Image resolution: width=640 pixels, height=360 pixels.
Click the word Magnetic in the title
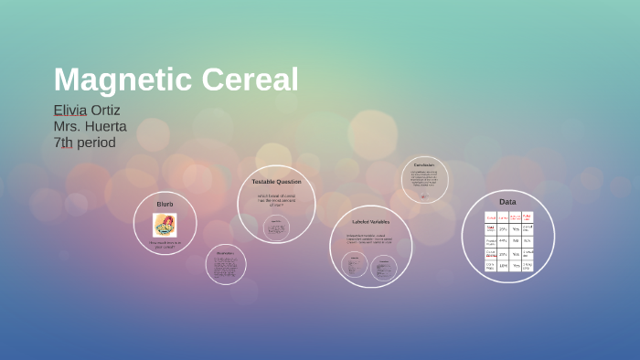118,80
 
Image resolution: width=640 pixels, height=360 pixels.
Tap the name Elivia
69,111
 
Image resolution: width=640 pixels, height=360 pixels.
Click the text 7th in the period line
63,143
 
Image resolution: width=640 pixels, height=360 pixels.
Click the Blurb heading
165,203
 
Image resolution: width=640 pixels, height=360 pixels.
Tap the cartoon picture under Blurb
165,225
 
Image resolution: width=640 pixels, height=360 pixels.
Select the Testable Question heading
276,182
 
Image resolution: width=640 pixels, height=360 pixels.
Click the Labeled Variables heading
370,221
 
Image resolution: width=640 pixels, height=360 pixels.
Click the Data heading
507,201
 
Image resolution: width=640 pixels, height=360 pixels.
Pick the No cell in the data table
516,241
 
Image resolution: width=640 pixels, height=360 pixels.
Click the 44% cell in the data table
503,241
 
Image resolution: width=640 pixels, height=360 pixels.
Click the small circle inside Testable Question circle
276,228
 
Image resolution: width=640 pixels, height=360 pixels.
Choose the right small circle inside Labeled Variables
383,266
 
